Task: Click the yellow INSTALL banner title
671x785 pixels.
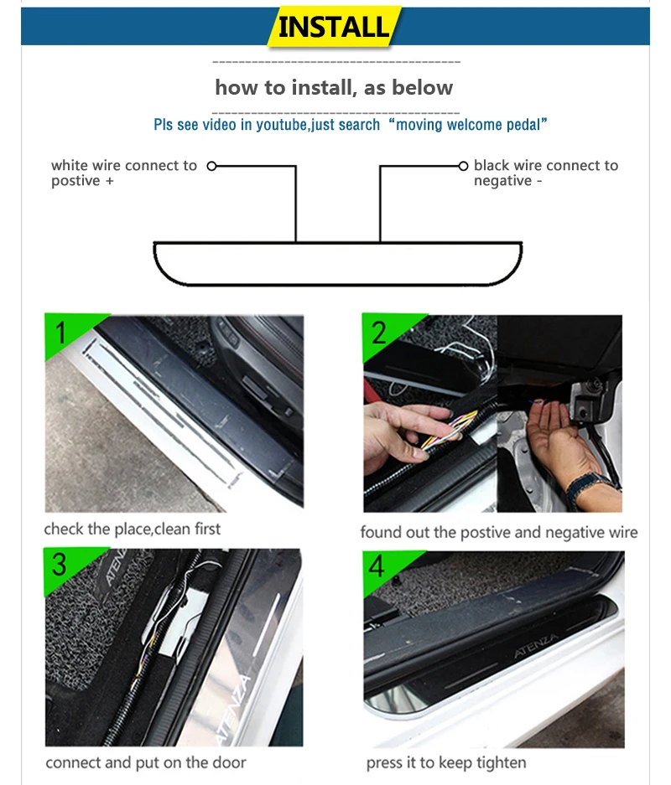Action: (x=334, y=27)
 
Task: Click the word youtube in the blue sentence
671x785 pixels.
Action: (x=282, y=124)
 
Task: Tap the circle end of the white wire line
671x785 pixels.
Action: (x=212, y=166)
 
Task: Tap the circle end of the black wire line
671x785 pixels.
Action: (x=464, y=166)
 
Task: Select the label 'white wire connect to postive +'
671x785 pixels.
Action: (x=124, y=173)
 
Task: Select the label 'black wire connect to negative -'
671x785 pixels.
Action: (x=546, y=173)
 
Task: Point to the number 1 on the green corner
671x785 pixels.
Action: (x=61, y=333)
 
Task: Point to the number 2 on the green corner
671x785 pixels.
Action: (x=379, y=333)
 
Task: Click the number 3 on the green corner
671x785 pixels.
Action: (x=60, y=564)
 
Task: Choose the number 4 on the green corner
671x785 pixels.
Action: (x=377, y=566)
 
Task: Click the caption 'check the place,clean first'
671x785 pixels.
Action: (x=133, y=529)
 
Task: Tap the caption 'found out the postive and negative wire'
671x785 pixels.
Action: (x=499, y=532)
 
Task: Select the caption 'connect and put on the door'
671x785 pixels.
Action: (x=146, y=762)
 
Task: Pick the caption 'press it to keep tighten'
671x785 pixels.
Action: (x=446, y=762)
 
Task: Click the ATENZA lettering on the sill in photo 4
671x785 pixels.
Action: (x=536, y=646)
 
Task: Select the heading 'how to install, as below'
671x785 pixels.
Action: (x=335, y=88)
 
